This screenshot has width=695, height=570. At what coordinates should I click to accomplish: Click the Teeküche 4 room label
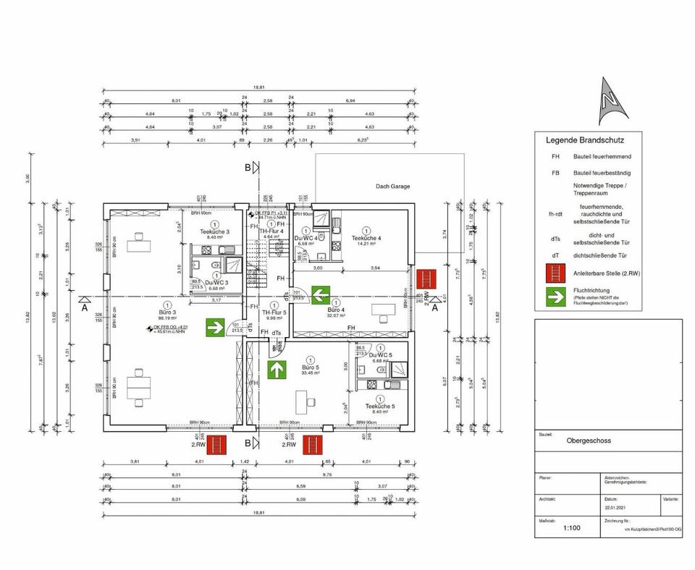click(366, 238)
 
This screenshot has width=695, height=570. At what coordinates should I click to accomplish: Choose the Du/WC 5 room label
click(380, 355)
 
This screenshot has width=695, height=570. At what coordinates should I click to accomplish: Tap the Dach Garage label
click(392, 186)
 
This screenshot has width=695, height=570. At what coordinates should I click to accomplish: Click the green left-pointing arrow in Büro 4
click(321, 294)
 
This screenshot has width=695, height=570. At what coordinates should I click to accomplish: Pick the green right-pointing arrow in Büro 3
click(214, 327)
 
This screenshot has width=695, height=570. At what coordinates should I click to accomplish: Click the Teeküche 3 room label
click(215, 231)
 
